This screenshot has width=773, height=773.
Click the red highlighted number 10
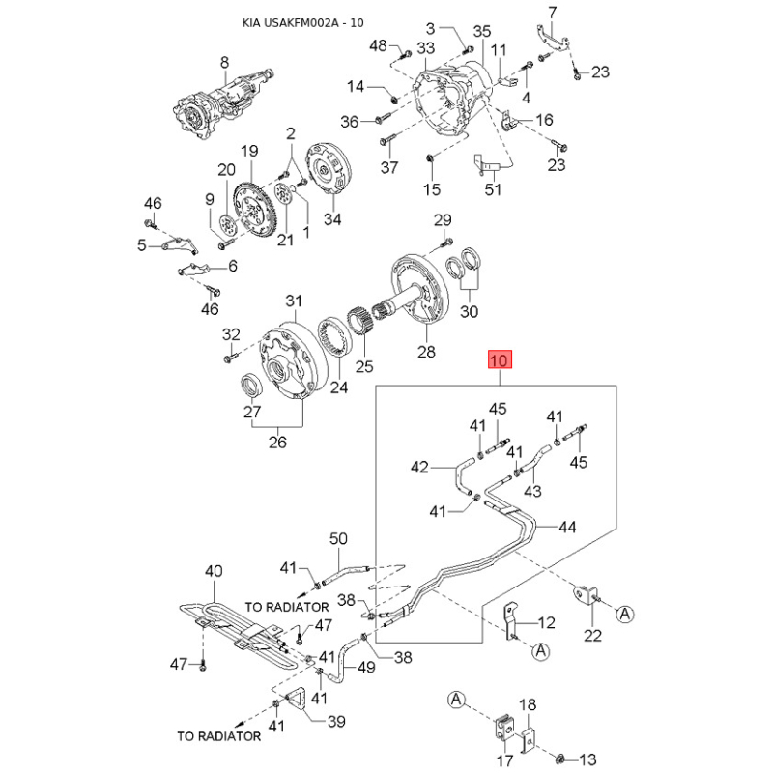tap(500, 359)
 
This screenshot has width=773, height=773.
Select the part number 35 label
tap(481, 32)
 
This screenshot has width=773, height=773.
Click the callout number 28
tap(426, 352)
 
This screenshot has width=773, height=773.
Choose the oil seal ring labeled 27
tap(251, 385)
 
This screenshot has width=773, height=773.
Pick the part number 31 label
tap(294, 301)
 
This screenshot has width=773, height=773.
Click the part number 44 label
tap(567, 527)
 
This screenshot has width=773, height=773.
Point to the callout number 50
tap(338, 539)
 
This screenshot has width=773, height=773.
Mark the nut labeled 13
tap(560, 758)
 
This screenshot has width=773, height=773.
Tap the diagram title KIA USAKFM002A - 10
tap(303, 22)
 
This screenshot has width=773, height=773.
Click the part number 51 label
tap(493, 189)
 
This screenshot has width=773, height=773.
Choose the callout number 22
tap(592, 635)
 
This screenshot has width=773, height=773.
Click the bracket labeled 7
tap(553, 39)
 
